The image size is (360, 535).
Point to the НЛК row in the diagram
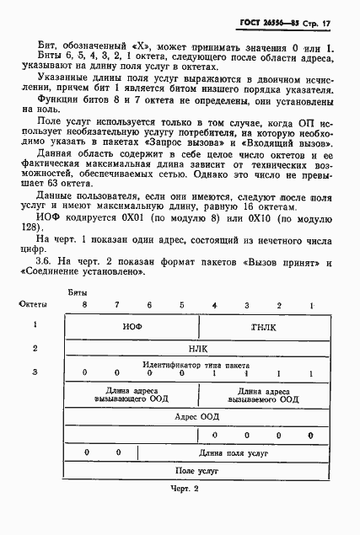pos(198,347)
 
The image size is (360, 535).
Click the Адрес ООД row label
pos(198,416)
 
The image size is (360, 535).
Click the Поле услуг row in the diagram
pos(198,471)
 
